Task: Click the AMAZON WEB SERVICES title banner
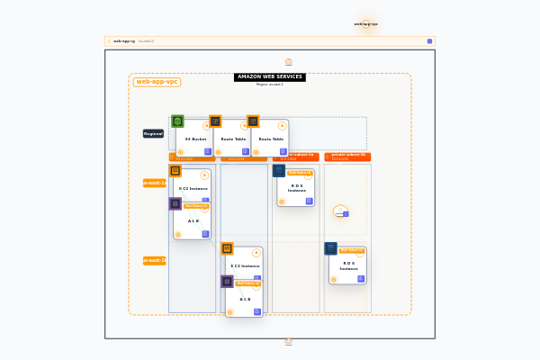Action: (270, 77)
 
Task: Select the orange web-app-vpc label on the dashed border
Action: (157, 82)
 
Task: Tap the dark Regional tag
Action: (153, 133)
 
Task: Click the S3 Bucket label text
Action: (195, 139)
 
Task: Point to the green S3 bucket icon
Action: (178, 121)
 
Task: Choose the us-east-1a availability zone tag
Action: (155, 183)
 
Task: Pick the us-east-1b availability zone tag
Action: (155, 260)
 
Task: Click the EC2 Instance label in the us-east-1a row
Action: (193, 189)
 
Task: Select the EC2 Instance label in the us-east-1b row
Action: (245, 266)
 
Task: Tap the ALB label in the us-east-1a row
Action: (193, 220)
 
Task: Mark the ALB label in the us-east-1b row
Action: (245, 299)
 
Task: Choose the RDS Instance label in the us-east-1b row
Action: (347, 265)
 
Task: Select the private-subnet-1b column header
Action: (348, 155)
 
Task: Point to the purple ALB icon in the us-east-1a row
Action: (175, 203)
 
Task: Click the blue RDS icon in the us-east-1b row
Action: (331, 248)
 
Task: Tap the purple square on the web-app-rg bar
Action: (429, 41)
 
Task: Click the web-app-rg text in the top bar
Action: (124, 41)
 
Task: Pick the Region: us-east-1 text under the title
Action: (270, 85)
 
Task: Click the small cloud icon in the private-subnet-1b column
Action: (340, 212)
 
